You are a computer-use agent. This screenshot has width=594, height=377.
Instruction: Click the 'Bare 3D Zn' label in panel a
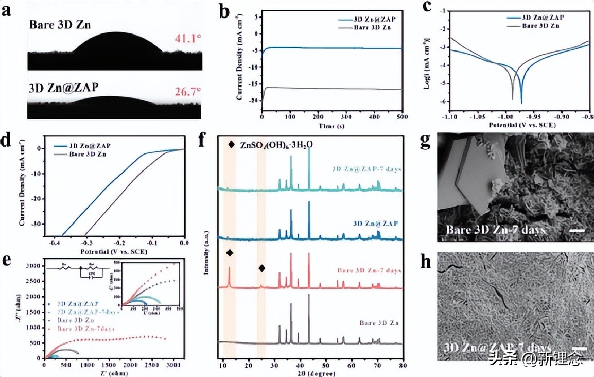click(x=60, y=24)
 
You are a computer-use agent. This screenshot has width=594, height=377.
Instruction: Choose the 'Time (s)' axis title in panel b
click(x=331, y=126)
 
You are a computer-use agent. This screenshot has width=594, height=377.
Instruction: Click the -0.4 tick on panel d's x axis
click(x=52, y=242)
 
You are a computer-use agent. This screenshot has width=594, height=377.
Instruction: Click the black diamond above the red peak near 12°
click(x=229, y=253)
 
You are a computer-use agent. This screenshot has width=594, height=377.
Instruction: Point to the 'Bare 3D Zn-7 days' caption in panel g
click(x=495, y=230)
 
